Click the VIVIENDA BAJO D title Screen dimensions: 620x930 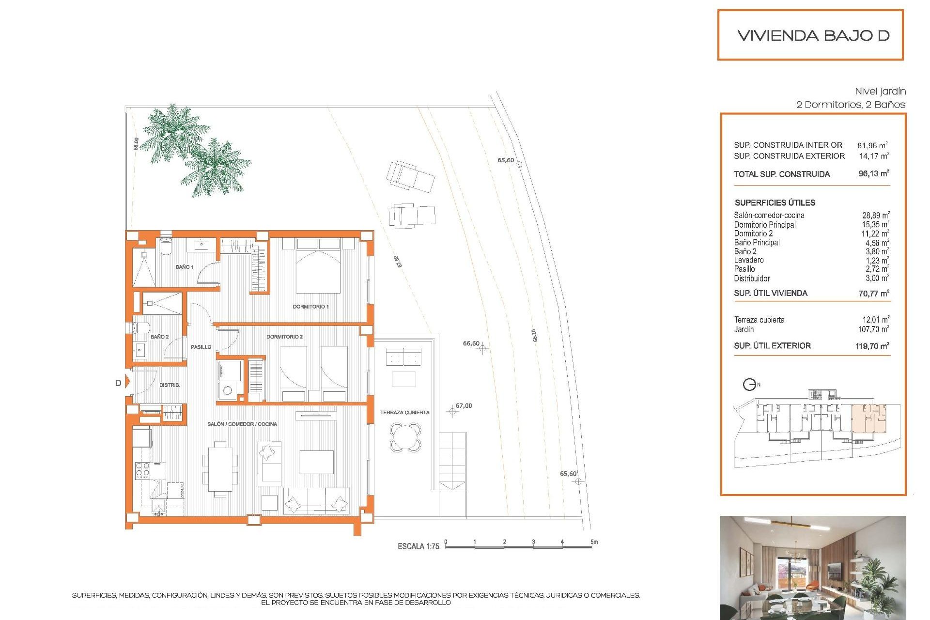813,35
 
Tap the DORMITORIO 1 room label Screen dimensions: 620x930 310,307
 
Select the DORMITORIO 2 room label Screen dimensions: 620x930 284,337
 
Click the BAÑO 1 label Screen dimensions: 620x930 184,267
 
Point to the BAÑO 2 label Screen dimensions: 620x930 159,337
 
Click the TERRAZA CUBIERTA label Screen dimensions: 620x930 404,413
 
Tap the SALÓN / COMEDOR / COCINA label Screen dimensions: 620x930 242,424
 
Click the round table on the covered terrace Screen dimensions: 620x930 405,437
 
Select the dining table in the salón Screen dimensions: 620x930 220,469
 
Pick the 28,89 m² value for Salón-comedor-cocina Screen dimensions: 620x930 875,215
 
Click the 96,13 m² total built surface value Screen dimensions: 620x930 873,173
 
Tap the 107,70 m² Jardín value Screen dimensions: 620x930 873,329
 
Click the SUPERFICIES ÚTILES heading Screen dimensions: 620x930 775,203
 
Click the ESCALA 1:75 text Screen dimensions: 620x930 418,546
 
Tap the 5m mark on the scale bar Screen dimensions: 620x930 594,542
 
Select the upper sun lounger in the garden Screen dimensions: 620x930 410,177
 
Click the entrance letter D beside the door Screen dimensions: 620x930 118,383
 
